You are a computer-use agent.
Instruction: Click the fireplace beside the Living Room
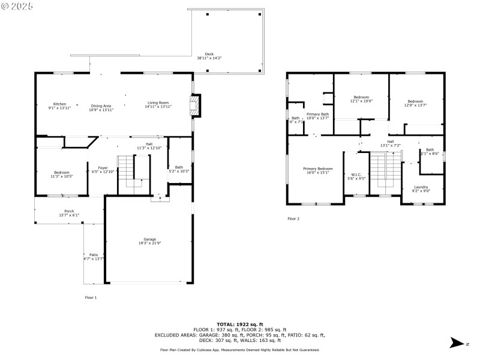194,106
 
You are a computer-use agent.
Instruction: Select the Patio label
93,256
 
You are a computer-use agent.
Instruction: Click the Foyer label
103,169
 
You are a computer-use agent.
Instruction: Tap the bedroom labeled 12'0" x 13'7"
416,103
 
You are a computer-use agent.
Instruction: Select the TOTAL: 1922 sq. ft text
240,324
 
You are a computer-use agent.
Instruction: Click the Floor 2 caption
293,218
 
